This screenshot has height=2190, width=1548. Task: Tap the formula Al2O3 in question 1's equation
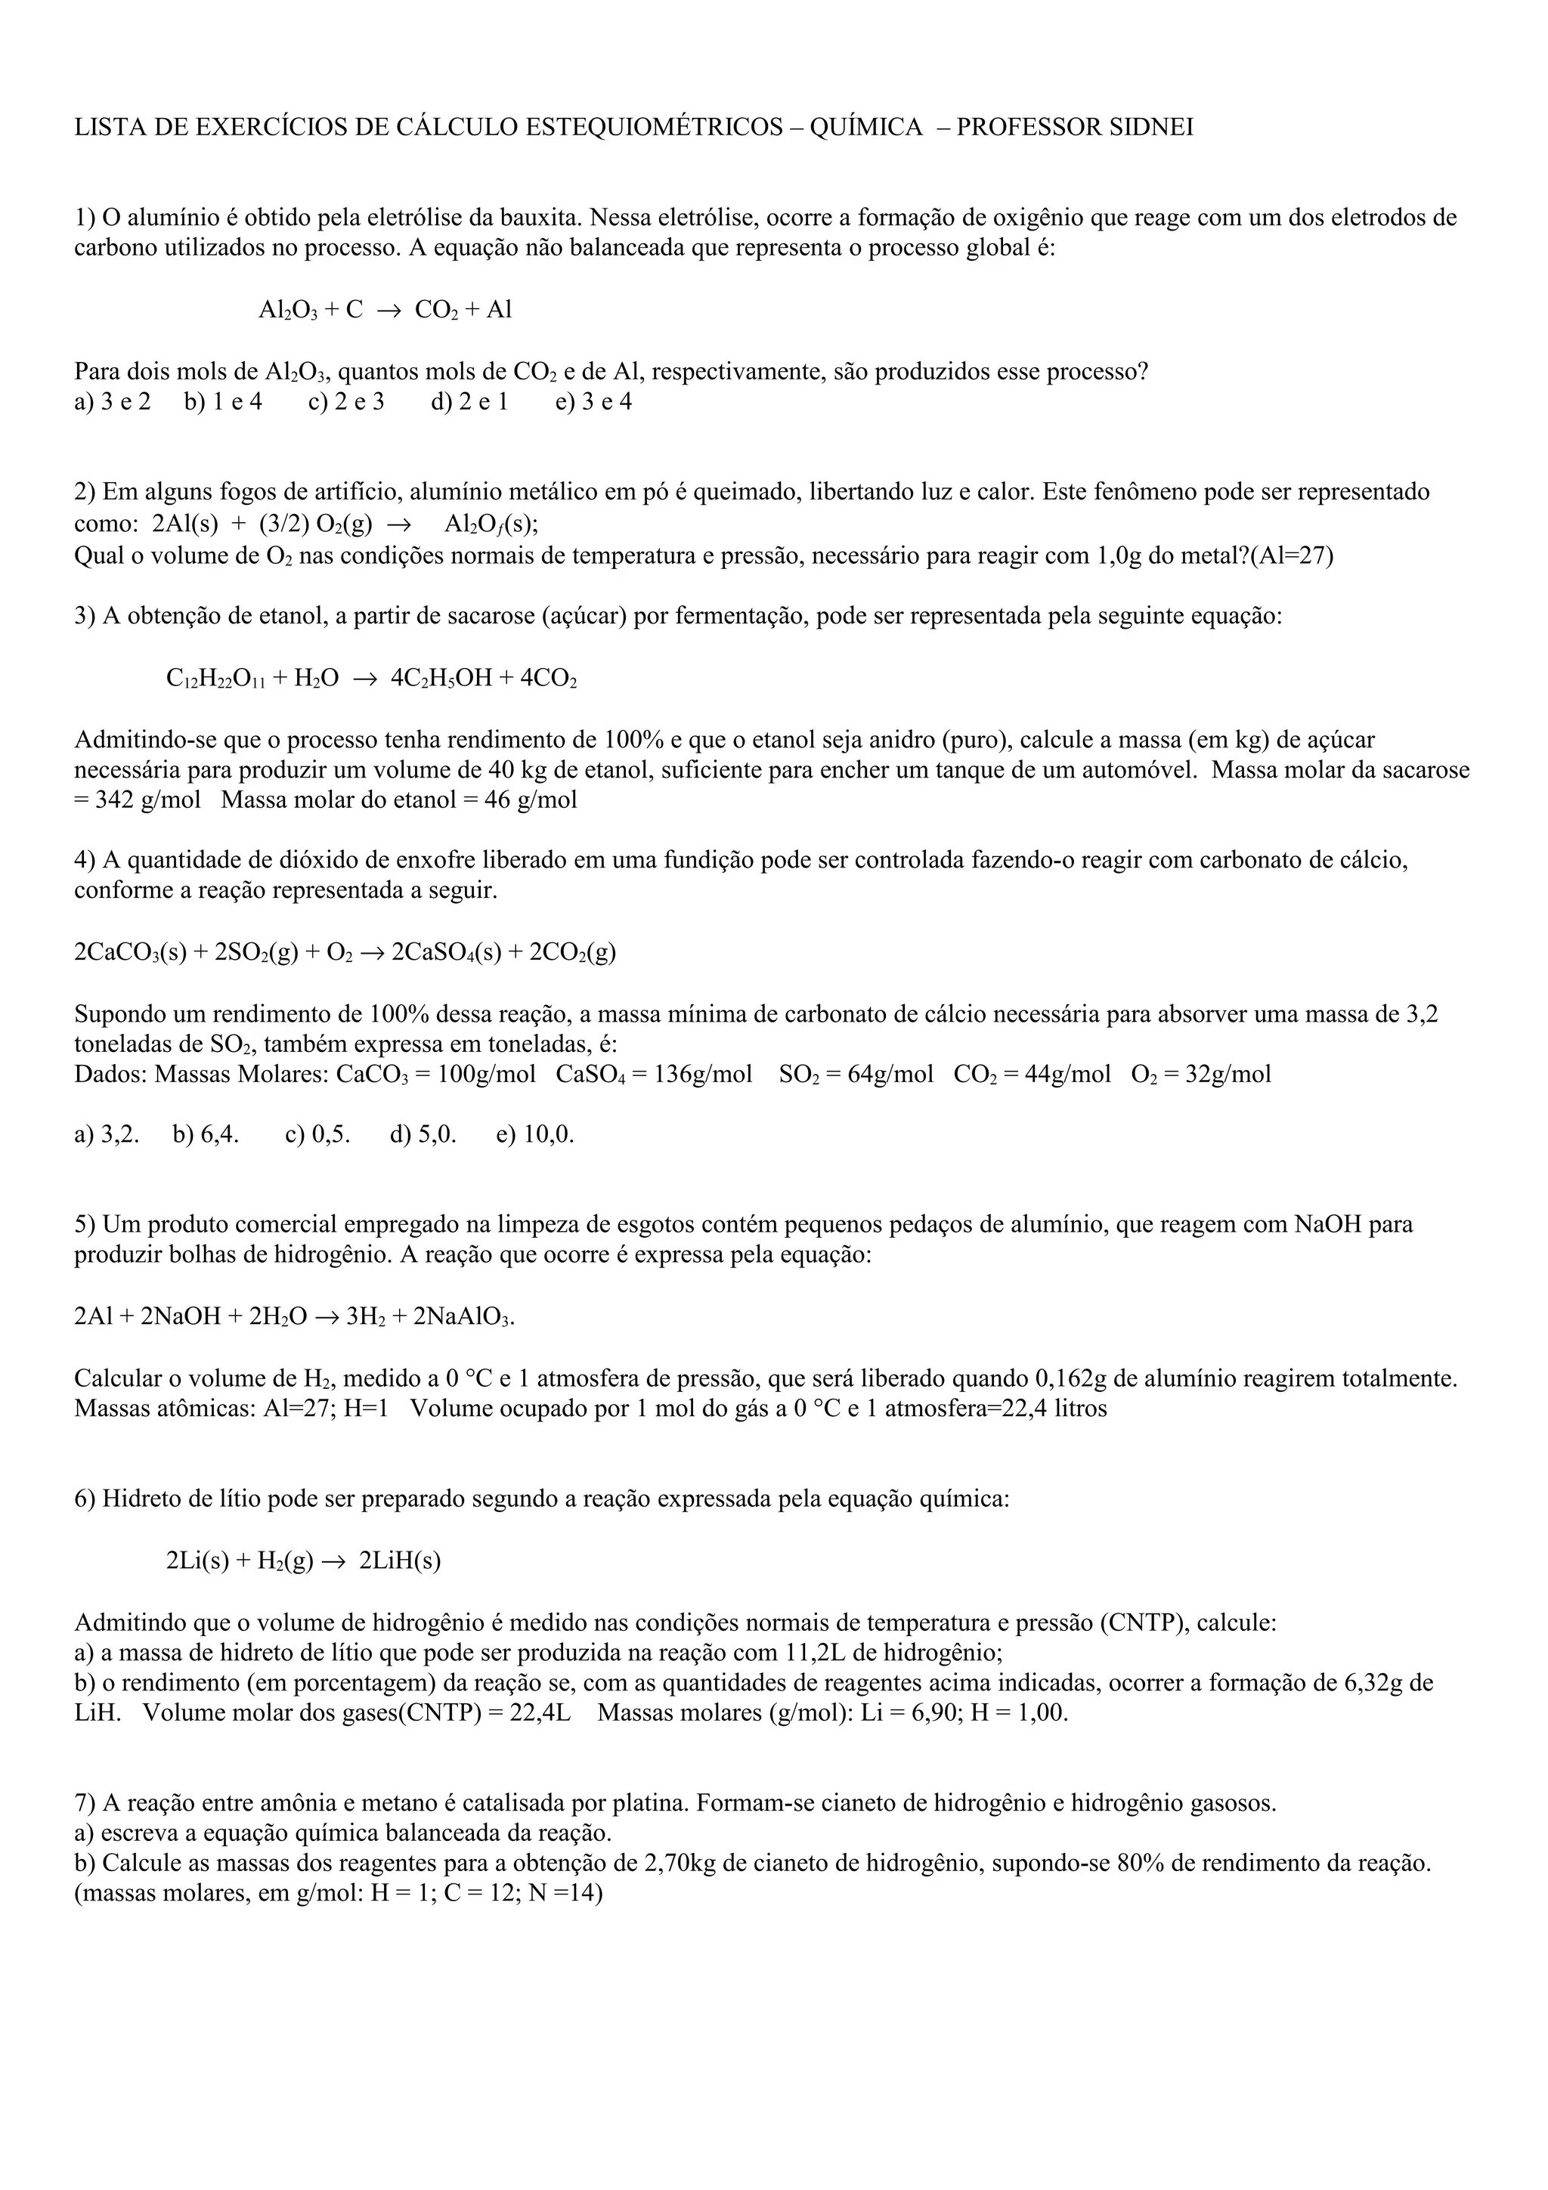[x=288, y=310]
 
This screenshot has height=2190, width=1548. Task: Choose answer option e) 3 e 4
[x=593, y=401]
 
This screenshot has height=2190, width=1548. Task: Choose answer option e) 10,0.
[x=535, y=1135]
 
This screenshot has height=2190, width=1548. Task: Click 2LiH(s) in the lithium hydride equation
[x=400, y=1561]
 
